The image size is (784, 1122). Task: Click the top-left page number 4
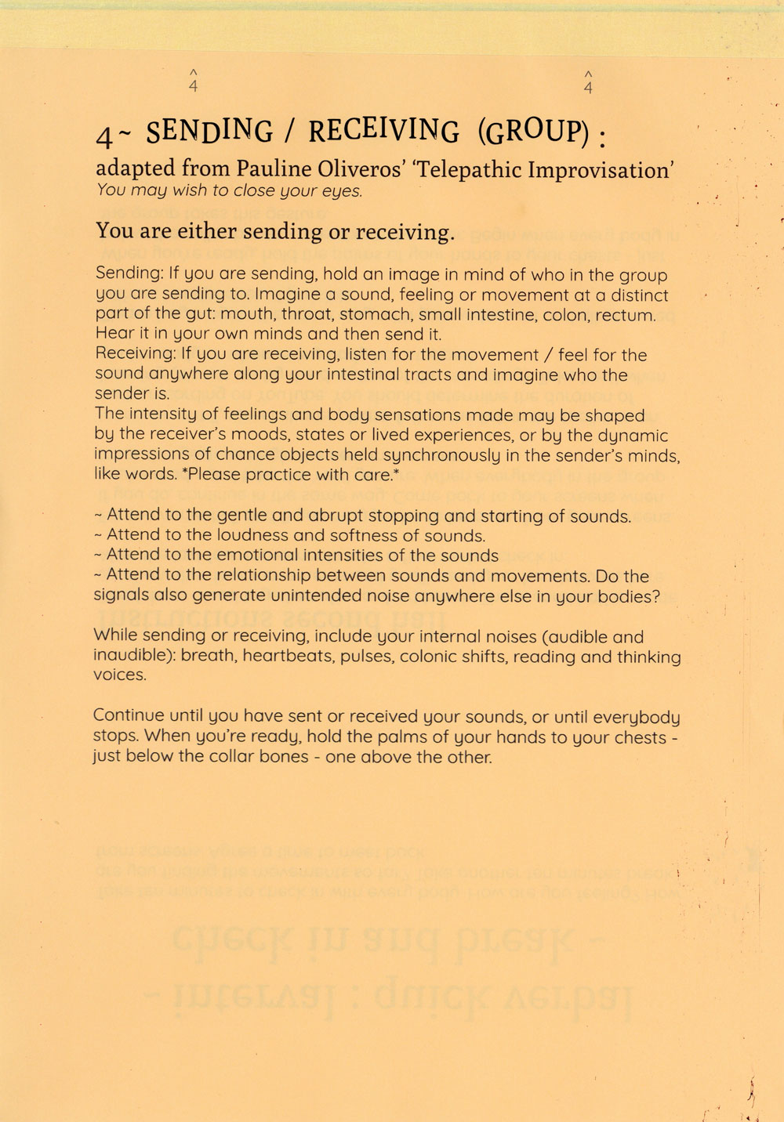coord(194,86)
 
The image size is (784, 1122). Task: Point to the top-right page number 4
coord(589,86)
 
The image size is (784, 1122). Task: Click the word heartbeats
coord(289,656)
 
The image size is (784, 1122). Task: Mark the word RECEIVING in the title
coord(384,131)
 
